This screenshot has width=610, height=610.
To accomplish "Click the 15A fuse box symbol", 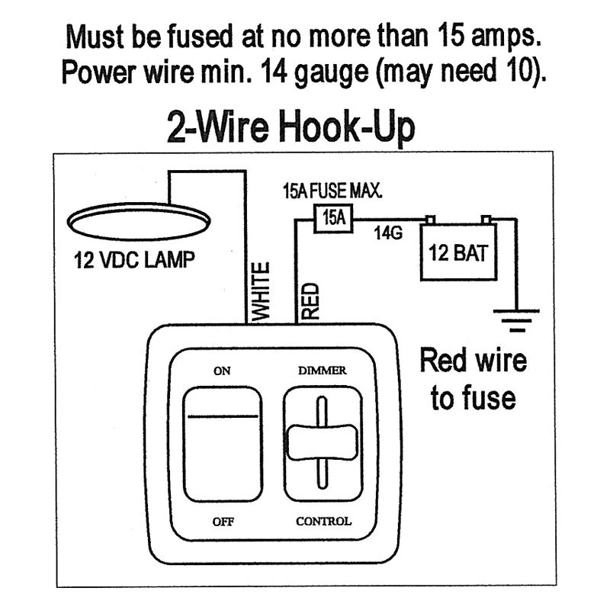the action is pos(333,218).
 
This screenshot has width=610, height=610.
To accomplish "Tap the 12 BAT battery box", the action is pos(459,252).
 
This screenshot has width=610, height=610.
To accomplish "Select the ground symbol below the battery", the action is pos(516,320).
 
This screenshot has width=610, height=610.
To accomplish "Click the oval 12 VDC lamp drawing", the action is pos(139,221).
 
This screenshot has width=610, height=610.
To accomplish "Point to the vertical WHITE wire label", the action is pos(260,292).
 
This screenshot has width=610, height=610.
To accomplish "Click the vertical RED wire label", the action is pos(310,301).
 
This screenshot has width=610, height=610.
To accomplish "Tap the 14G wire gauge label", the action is pos(388,233).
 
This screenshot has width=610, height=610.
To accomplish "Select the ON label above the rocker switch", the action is pos(222,371).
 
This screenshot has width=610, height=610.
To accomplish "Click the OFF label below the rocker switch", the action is pos(223,522).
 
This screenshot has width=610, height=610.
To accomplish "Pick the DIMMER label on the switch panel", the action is pos(322,371).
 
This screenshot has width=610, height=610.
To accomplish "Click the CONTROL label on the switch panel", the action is pos(323,521).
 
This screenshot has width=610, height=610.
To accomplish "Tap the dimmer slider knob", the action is pos(322,442).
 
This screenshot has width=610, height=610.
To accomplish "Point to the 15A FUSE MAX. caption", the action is pos(332,191).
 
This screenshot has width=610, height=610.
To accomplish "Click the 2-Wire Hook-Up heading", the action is pos(291,127).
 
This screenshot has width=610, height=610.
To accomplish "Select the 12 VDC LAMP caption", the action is pos(135,260).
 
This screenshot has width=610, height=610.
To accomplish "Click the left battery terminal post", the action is pos(430,220).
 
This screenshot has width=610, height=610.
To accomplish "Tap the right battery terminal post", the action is pos(486,220).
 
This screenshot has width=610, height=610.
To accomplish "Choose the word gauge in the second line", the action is pos(332,73).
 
